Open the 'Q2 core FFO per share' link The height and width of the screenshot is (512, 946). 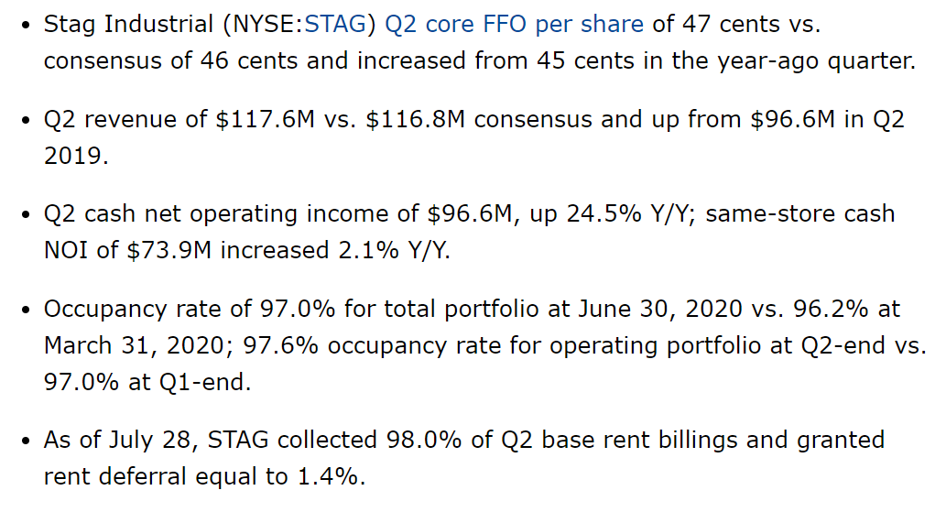(514, 24)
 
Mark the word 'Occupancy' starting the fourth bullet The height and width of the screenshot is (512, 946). (101, 309)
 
